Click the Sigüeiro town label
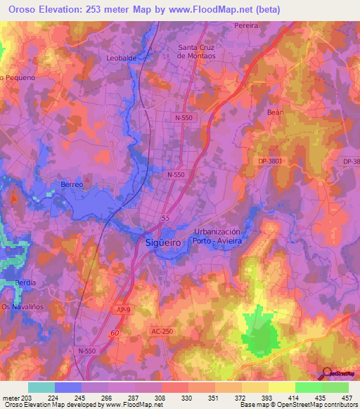[x=169, y=240]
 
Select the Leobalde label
[x=121, y=58]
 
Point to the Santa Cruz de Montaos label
[x=200, y=51]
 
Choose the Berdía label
[x=25, y=283]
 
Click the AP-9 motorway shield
[x=120, y=309]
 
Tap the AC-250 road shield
[x=162, y=331]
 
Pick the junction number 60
[x=115, y=333]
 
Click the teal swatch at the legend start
[x=41, y=387]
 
